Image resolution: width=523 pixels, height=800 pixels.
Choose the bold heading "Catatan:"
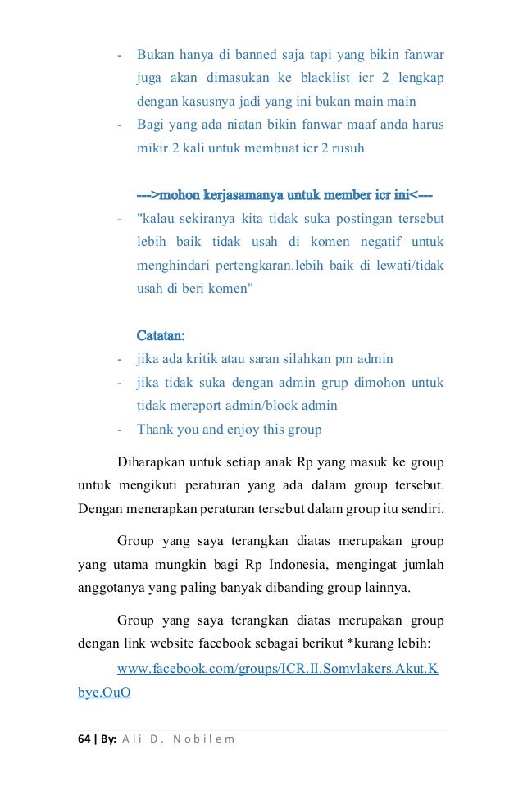pos(160,335)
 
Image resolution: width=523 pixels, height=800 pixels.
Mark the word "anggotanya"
pos(112,587)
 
